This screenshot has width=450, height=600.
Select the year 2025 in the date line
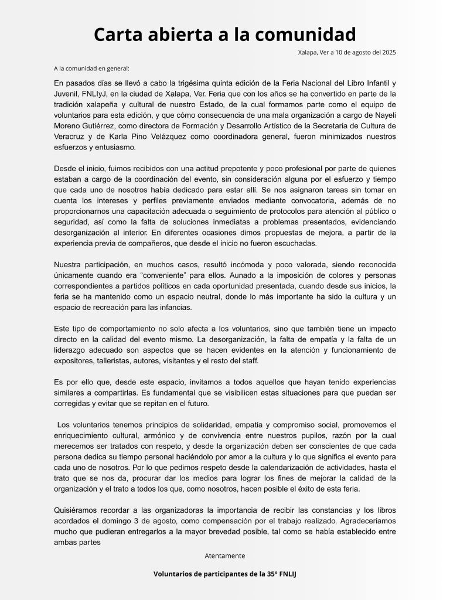pyautogui.click(x=387, y=53)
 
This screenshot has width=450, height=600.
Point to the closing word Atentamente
pyautogui.click(x=225, y=555)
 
